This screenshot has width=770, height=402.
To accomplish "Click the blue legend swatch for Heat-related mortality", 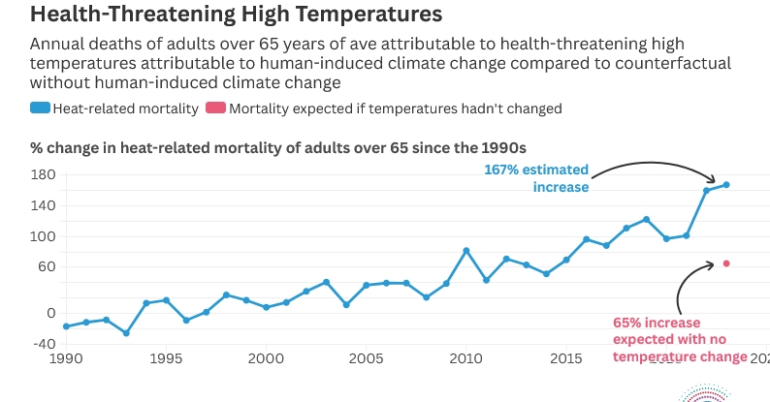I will pyautogui.click(x=39, y=108).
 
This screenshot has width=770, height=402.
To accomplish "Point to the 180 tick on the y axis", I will pyautogui.click(x=44, y=175).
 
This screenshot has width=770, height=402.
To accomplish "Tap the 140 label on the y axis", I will pyautogui.click(x=44, y=205).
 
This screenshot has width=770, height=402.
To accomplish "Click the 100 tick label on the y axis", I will pyautogui.click(x=44, y=236).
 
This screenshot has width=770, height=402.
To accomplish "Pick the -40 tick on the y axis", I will pyautogui.click(x=44, y=344).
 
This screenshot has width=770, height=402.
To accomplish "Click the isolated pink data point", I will pyautogui.click(x=726, y=263).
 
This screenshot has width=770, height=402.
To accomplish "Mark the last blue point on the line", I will pyautogui.click(x=726, y=184).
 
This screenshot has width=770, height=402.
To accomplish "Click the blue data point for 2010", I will pyautogui.click(x=466, y=251).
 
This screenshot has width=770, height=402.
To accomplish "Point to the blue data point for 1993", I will pyautogui.click(x=126, y=333).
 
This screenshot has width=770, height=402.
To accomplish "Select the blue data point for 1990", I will pyautogui.click(x=66, y=326).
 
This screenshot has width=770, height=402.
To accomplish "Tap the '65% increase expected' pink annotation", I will pyautogui.click(x=669, y=339).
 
